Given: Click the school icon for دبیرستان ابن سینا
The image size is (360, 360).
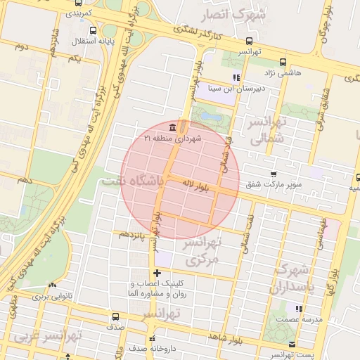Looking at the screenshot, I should [236, 77].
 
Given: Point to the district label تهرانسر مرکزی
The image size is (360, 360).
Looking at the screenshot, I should [202, 251].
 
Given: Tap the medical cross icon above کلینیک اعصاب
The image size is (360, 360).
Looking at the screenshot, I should [157, 273].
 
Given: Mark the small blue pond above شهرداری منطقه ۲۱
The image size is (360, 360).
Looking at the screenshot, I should [209, 115].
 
